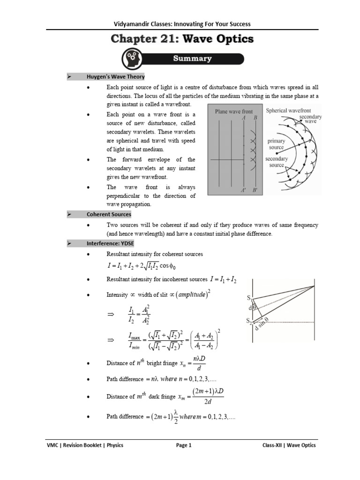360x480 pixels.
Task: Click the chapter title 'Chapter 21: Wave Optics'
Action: pyautogui.click(x=182, y=39)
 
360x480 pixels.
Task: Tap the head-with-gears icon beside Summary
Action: pyautogui.click(x=132, y=60)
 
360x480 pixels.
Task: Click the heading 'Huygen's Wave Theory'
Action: pyautogui.click(x=115, y=76)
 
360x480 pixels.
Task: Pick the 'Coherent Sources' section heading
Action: pyautogui.click(x=109, y=214)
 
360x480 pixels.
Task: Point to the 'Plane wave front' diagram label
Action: pyautogui.click(x=233, y=112)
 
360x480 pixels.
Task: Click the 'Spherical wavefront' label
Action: pyautogui.click(x=288, y=111)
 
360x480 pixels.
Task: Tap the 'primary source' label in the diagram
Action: pyautogui.click(x=276, y=144)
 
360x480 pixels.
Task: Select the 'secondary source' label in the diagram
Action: pyautogui.click(x=276, y=162)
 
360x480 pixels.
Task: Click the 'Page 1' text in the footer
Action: pyautogui.click(x=183, y=445)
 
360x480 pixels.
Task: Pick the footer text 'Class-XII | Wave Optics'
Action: pyautogui.click(x=289, y=445)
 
